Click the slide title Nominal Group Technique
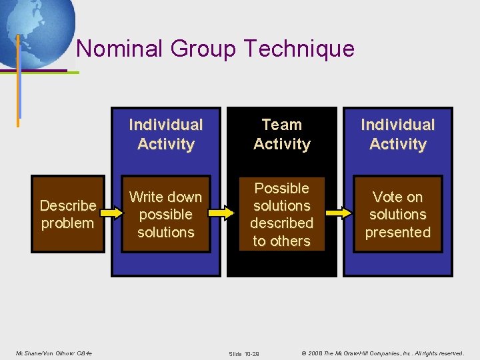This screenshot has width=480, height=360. click(x=215, y=49)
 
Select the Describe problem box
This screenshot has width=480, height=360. click(x=67, y=214)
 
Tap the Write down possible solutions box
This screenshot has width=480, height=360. click(x=165, y=214)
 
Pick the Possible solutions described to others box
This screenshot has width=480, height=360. click(x=281, y=214)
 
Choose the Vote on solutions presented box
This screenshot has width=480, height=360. click(x=398, y=214)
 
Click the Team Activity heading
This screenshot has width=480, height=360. click(x=281, y=134)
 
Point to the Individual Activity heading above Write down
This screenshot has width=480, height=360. click(x=165, y=134)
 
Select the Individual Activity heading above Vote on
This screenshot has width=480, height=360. click(x=398, y=134)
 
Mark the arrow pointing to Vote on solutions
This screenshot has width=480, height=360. click(x=339, y=213)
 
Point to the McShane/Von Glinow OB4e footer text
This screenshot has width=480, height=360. click(x=53, y=353)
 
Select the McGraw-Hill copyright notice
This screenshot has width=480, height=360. click(x=383, y=353)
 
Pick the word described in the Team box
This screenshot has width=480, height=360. click(x=281, y=223)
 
